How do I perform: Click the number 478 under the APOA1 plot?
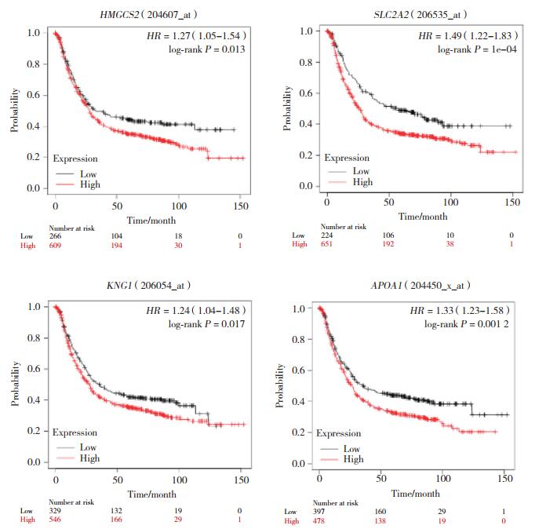[322, 520]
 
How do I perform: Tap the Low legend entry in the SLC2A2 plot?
[360, 171]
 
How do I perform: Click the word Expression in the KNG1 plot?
[76, 432]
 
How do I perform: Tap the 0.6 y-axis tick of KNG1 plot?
[35, 369]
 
